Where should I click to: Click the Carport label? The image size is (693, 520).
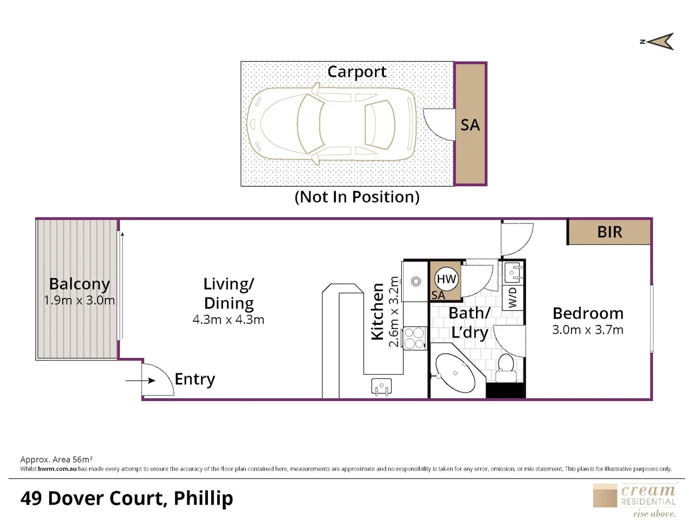357,72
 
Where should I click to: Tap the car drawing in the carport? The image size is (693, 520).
332,123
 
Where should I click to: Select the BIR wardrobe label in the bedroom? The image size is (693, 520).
609,232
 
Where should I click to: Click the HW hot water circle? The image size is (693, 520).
447,279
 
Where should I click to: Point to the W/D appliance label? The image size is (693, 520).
513,298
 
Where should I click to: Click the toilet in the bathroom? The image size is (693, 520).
505,368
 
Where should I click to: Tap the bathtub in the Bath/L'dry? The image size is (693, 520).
455,373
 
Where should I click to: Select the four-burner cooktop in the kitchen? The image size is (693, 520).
414,338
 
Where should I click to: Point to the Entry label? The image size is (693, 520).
195,379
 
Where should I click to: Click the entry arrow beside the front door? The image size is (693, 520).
141,380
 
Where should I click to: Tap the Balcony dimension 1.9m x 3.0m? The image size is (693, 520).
79,300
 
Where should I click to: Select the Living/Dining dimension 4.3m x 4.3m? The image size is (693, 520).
228,320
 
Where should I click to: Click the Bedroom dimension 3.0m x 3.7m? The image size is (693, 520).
588,330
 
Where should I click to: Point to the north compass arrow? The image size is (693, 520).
660,42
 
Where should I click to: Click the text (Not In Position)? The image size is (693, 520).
357,197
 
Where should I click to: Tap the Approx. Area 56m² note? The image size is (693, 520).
56,459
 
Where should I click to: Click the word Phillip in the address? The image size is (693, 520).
203,499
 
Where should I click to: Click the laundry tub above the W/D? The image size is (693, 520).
513,273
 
